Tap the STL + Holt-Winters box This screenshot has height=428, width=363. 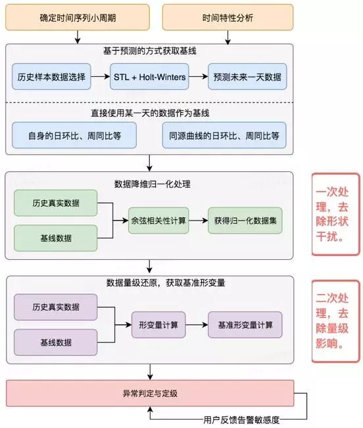(150, 77)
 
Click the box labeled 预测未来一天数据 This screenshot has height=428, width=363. (247, 77)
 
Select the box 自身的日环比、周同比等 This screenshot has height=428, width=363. (74, 136)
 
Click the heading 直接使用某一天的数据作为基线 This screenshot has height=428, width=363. (151, 113)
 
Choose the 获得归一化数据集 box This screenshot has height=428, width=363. (245, 221)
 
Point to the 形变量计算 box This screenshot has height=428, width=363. (158, 324)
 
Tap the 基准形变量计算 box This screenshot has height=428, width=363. (245, 324)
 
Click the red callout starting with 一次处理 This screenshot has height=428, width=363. (336, 213)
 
